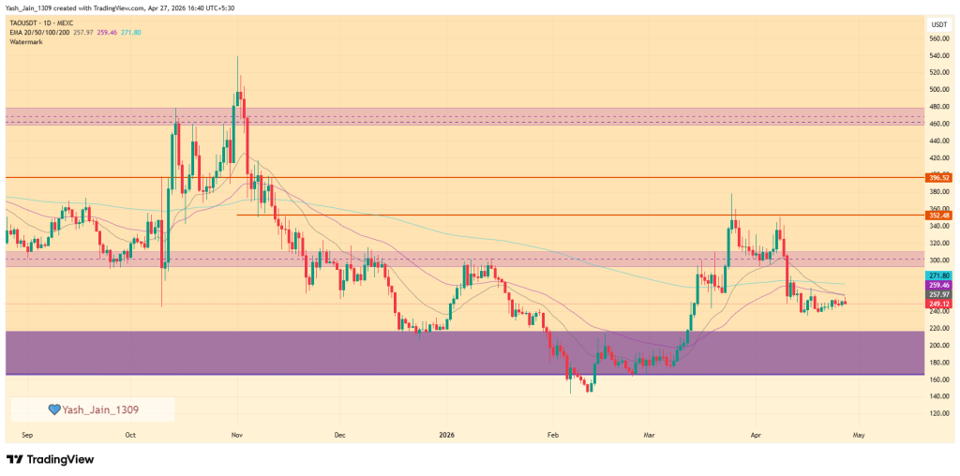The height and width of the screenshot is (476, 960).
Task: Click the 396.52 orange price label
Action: click(x=938, y=177)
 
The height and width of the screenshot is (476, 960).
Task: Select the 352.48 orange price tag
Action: click(x=938, y=216)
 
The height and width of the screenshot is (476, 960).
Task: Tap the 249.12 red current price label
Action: click(x=938, y=304)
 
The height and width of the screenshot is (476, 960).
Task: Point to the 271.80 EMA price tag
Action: click(x=938, y=275)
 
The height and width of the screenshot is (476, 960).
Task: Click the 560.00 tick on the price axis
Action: click(x=938, y=38)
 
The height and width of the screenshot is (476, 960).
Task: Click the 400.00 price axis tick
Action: click(x=938, y=175)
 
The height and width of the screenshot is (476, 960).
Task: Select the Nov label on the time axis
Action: click(x=237, y=436)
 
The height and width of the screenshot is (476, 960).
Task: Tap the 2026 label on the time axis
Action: click(x=446, y=436)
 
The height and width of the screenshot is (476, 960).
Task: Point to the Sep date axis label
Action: click(x=26, y=436)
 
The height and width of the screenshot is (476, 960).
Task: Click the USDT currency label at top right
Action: click(x=938, y=23)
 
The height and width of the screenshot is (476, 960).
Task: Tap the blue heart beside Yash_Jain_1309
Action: click(x=54, y=409)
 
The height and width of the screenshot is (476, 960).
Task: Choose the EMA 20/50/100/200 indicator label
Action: click(x=47, y=32)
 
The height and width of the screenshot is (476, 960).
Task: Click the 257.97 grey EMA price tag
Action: click(x=938, y=294)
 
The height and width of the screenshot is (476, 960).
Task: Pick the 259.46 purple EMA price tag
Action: click(x=938, y=285)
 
